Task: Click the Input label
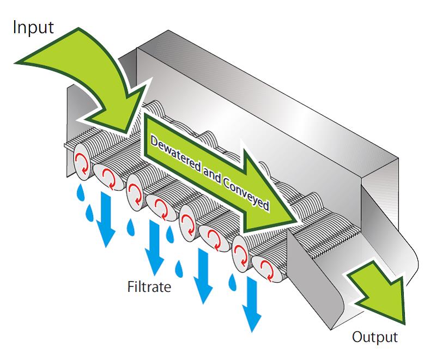click(33, 28)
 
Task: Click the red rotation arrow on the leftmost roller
click(82, 162)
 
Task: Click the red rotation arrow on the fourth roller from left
click(161, 207)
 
